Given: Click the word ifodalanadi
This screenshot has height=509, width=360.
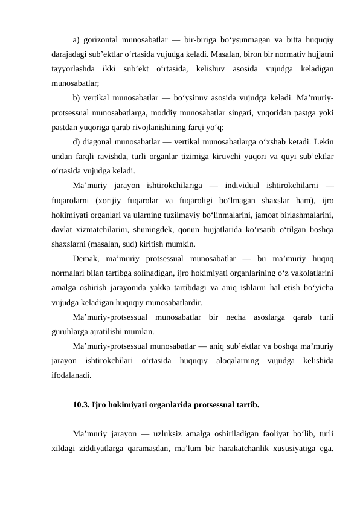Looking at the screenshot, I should [x=71, y=375].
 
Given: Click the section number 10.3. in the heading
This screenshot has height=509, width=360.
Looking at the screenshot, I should [x=81, y=404].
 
